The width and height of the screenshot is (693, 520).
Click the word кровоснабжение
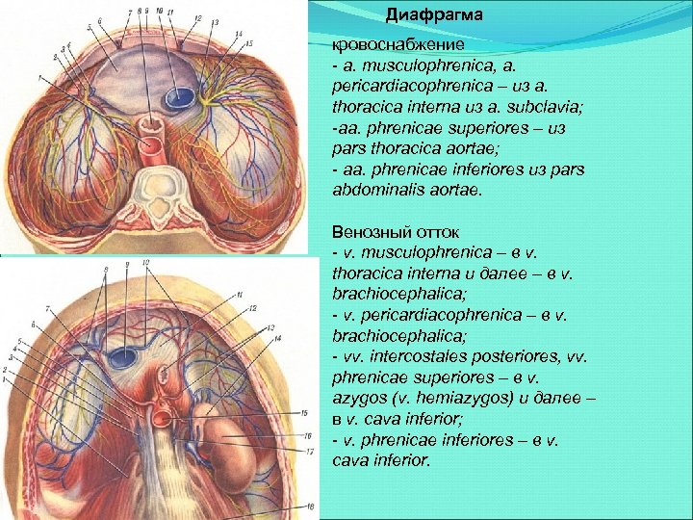click(384, 45)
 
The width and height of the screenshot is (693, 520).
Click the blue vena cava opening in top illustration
click(179, 97)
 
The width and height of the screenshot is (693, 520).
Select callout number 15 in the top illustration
click(248, 44)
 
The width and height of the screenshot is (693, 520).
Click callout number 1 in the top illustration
click(39, 76)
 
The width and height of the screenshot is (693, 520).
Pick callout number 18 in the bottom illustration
click(311, 504)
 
